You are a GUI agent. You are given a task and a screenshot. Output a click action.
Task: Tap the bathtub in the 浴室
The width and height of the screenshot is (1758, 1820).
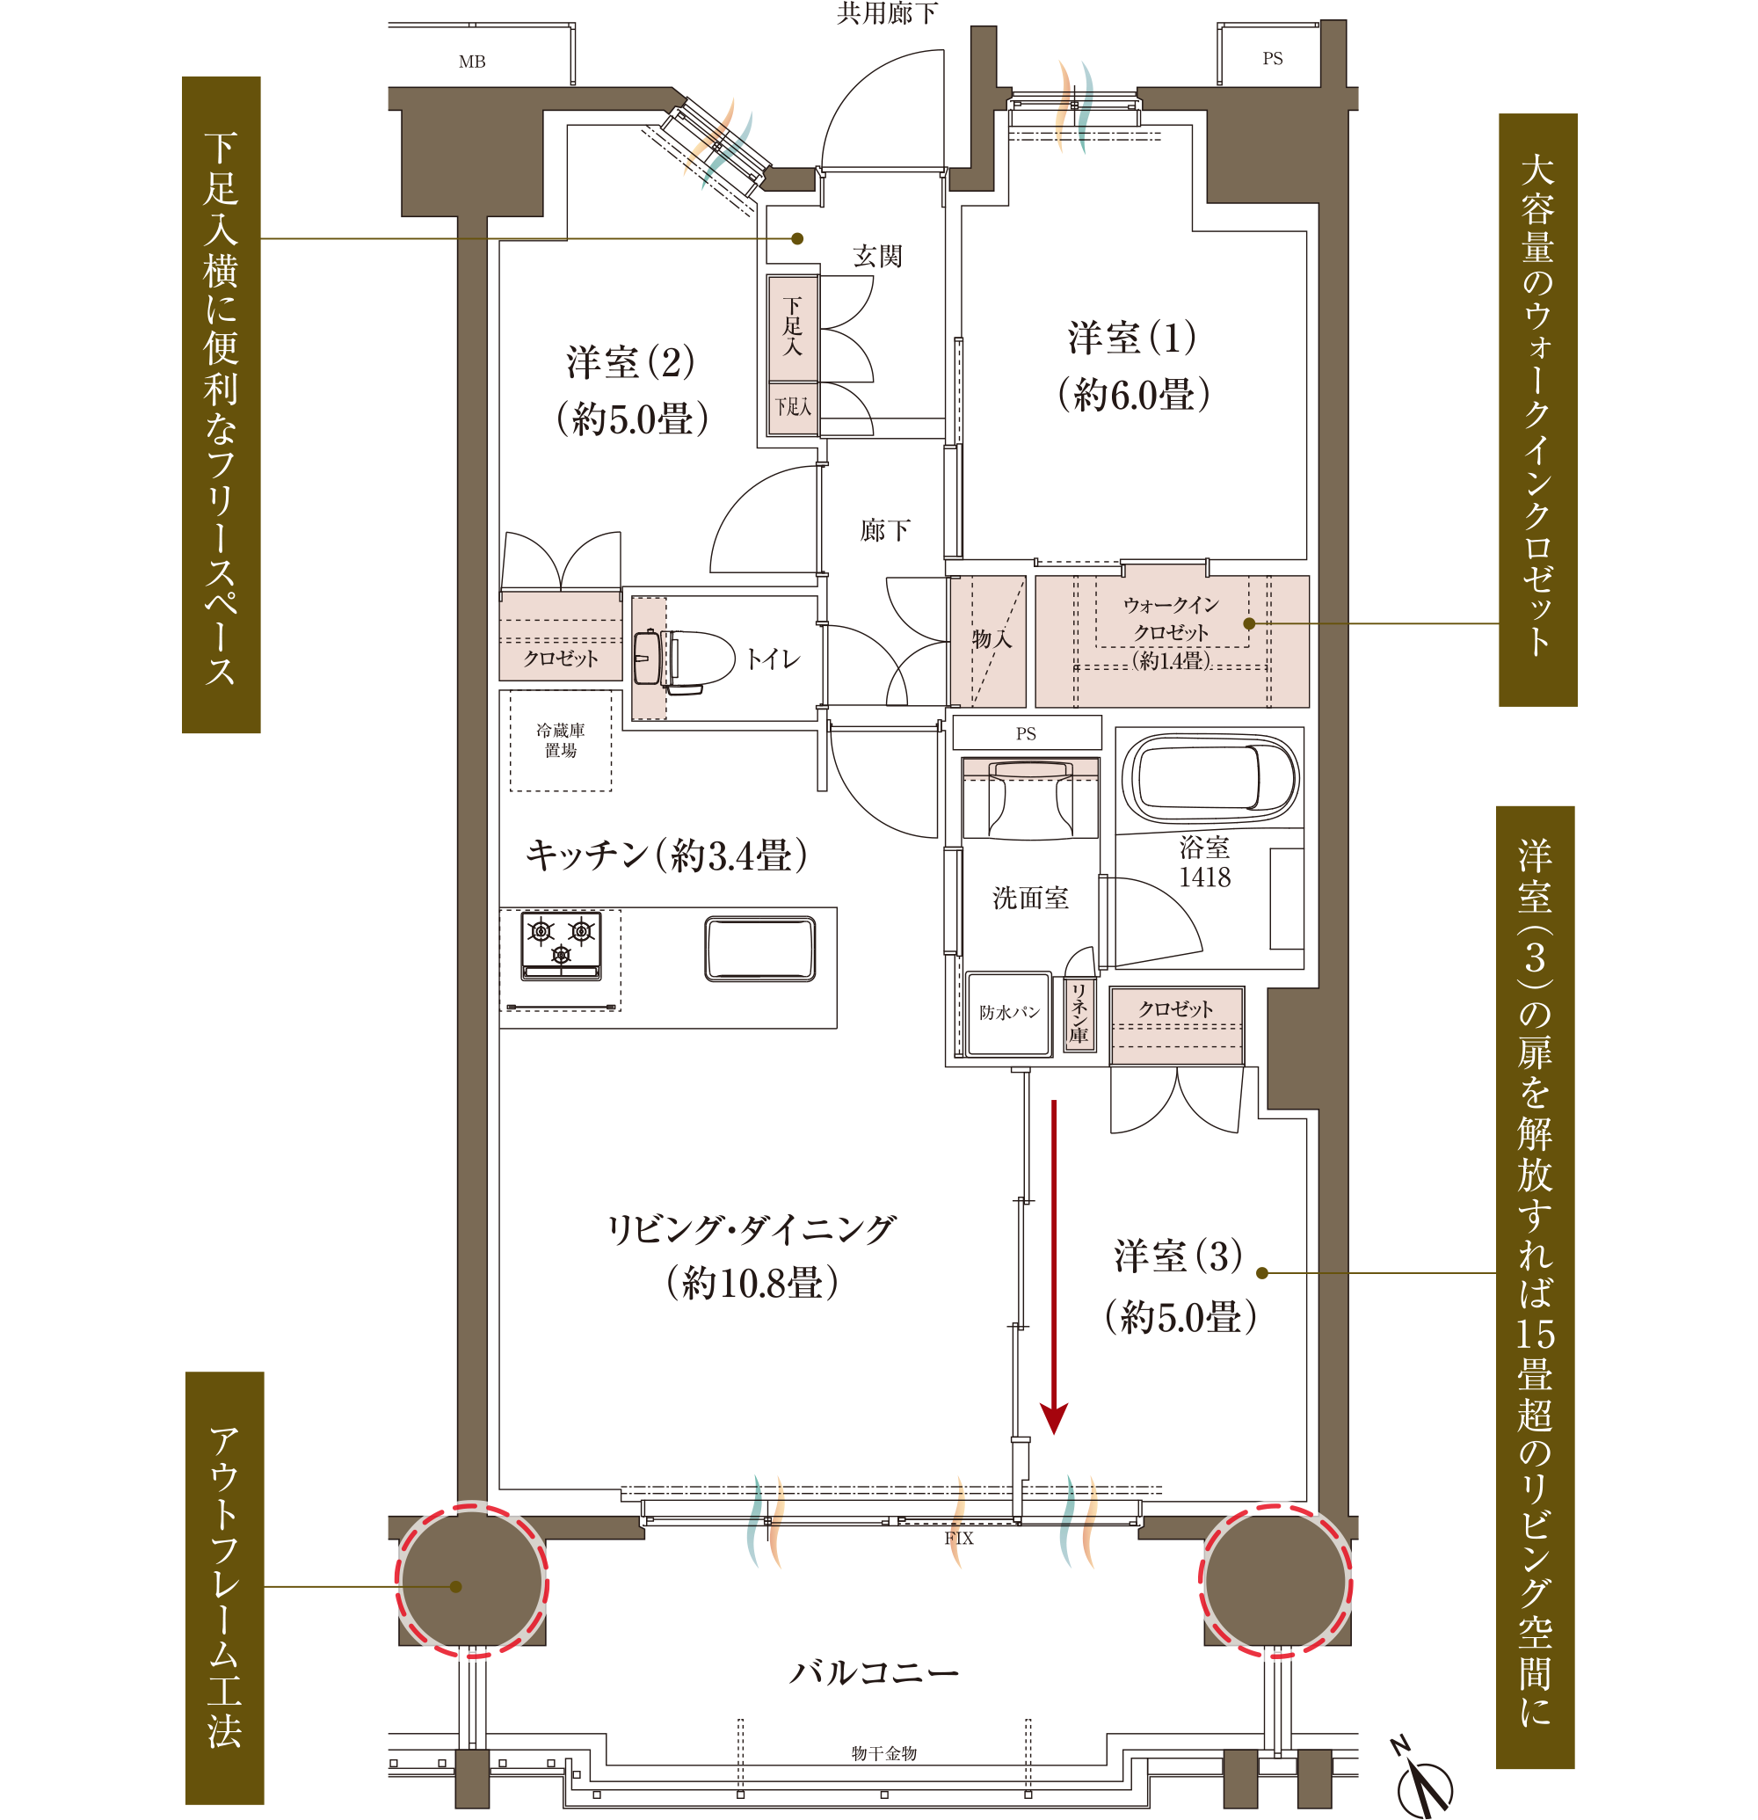[1210, 779]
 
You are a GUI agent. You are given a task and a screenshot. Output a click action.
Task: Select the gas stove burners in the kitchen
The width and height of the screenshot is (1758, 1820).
[561, 945]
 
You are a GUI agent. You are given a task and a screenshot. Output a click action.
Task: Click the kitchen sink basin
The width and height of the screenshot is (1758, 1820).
[760, 949]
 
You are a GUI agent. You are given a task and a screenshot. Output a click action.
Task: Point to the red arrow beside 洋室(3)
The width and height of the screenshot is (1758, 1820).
[1054, 1267]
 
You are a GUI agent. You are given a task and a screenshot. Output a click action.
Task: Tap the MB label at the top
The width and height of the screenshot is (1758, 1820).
[471, 62]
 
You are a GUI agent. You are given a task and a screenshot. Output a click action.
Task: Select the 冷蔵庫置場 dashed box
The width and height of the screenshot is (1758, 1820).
[561, 740]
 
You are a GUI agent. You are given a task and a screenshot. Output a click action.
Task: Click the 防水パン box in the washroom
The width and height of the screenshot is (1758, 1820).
[1009, 1013]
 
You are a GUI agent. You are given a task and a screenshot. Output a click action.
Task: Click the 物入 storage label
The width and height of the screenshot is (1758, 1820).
[992, 639]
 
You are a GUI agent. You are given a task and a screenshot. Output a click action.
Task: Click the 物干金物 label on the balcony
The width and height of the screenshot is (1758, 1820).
[883, 1753]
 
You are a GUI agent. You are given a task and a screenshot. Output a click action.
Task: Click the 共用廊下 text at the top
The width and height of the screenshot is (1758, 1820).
[888, 13]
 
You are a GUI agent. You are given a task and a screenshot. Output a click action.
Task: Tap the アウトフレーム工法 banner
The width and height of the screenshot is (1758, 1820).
[225, 1589]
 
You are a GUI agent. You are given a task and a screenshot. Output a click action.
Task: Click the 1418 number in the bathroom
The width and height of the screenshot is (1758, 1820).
[1204, 877]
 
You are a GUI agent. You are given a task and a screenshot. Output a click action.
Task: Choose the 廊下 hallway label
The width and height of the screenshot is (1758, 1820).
[884, 530]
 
